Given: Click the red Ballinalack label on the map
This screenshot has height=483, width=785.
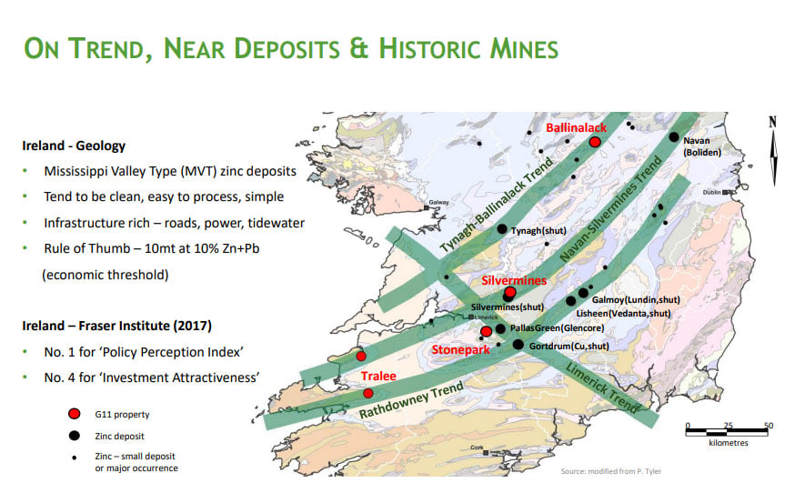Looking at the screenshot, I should (x=576, y=128).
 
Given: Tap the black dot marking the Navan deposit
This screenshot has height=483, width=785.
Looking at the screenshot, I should (x=674, y=137).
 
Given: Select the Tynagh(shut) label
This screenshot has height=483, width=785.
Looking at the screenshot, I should (x=539, y=231).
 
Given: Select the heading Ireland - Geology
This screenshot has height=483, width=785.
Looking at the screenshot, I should (x=75, y=146).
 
